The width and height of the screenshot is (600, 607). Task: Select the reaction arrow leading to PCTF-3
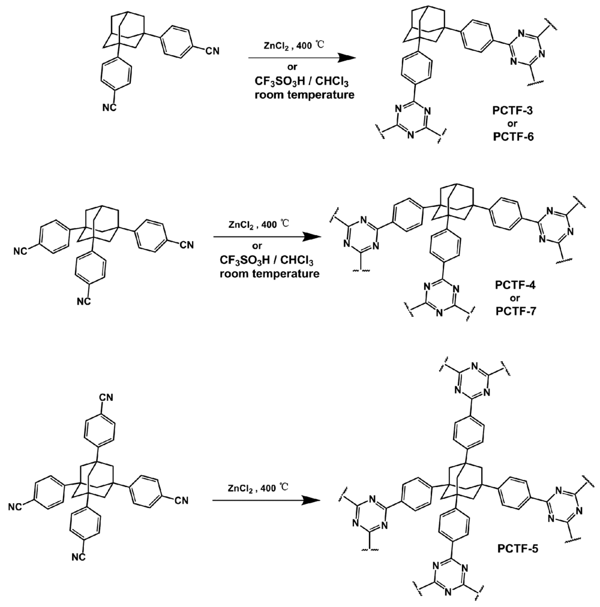pyautogui.click(x=299, y=58)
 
